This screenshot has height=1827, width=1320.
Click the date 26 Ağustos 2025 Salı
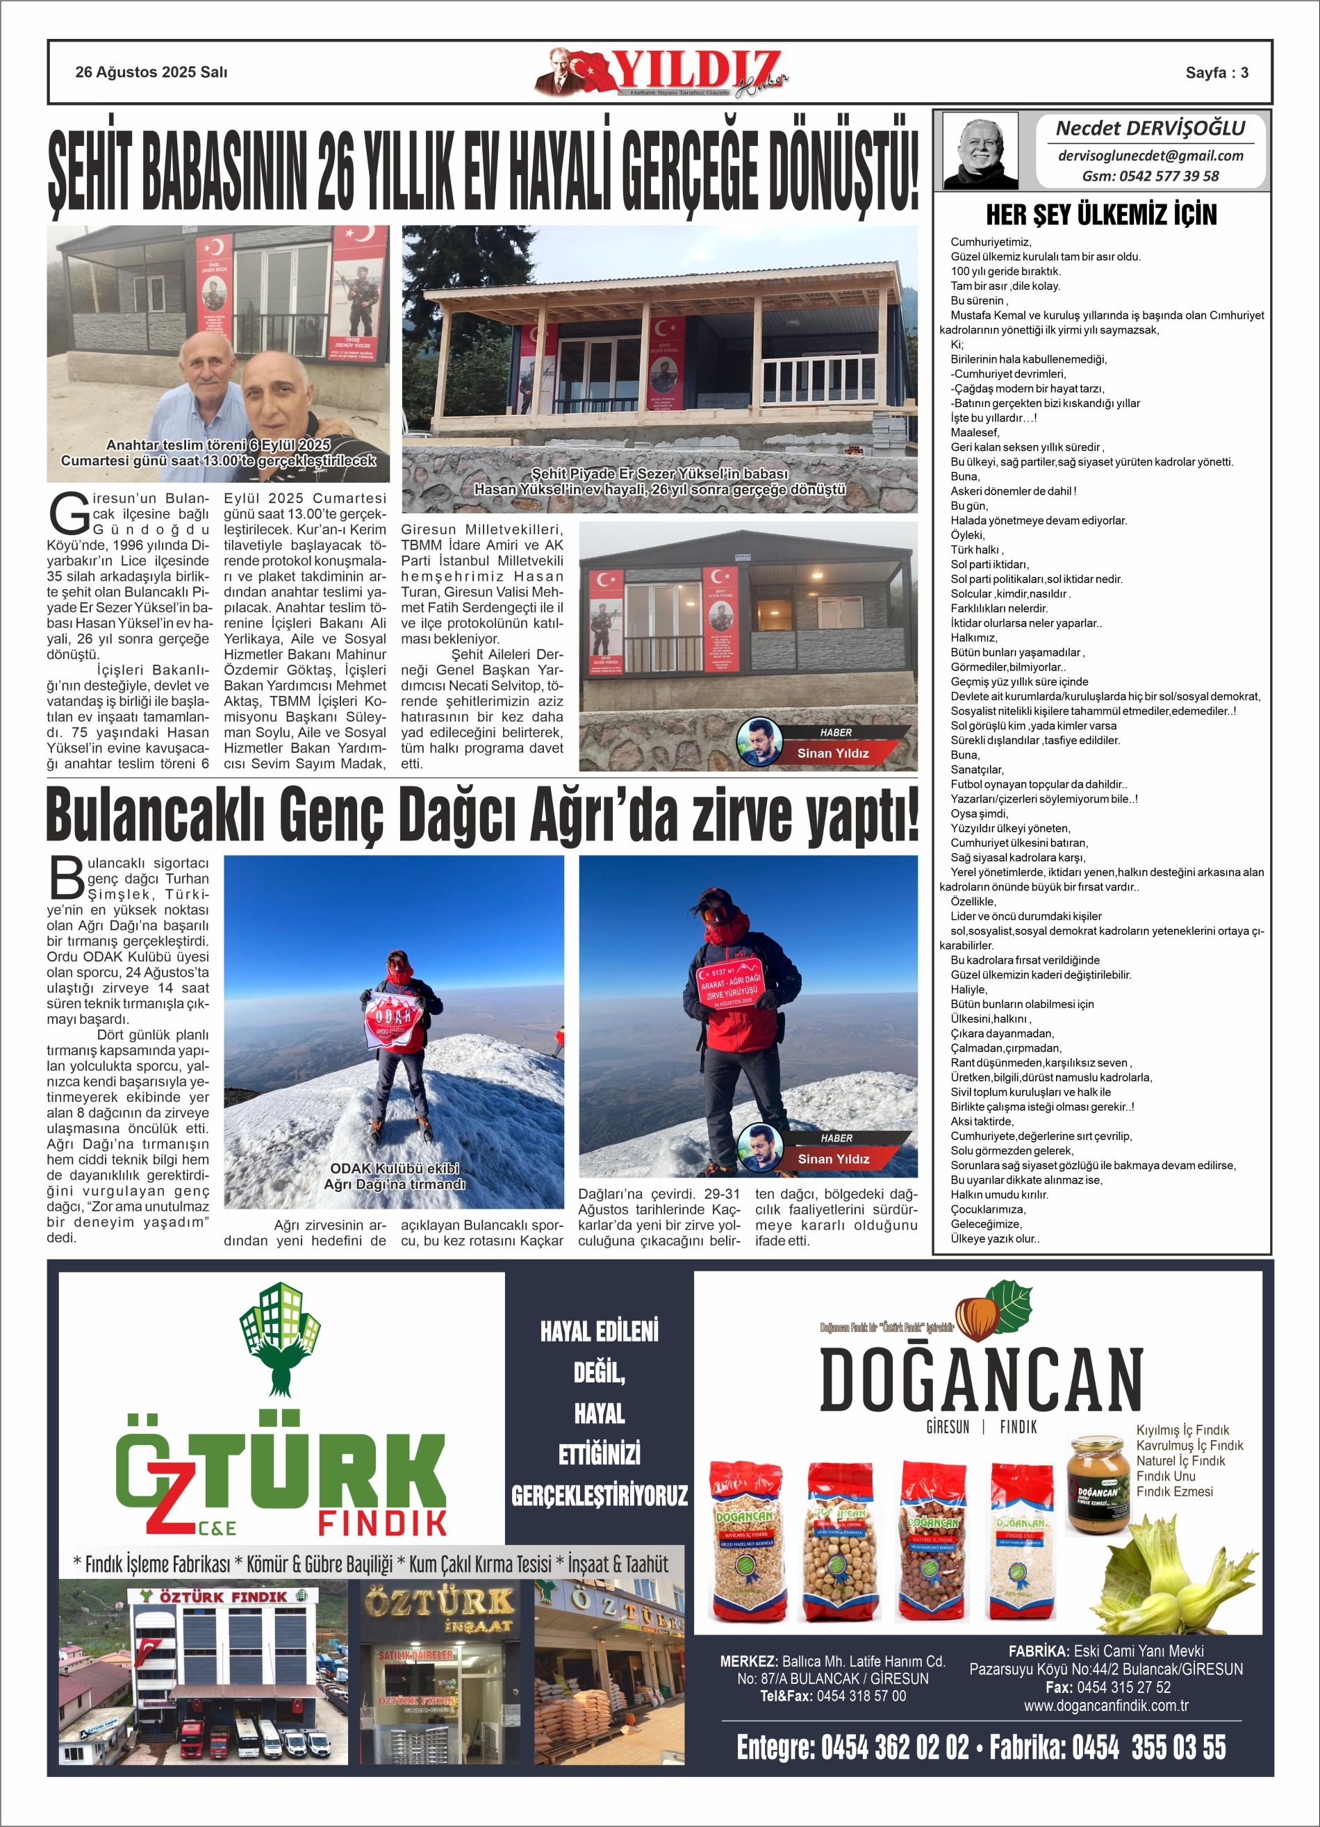pyautogui.click(x=151, y=72)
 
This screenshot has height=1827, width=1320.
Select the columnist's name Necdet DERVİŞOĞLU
pyautogui.click(x=1150, y=128)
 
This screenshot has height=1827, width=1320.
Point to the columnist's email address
pyautogui.click(x=1150, y=156)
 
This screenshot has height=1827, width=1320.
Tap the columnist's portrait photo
pyautogui.click(x=980, y=151)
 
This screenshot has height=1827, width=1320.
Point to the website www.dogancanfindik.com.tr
pyautogui.click(x=1105, y=1705)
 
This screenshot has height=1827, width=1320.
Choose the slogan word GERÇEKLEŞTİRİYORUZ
pyautogui.click(x=600, y=1496)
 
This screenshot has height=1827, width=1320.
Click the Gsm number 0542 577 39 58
pyautogui.click(x=1150, y=176)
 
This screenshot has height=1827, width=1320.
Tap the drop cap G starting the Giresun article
pyautogui.click(x=69, y=513)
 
